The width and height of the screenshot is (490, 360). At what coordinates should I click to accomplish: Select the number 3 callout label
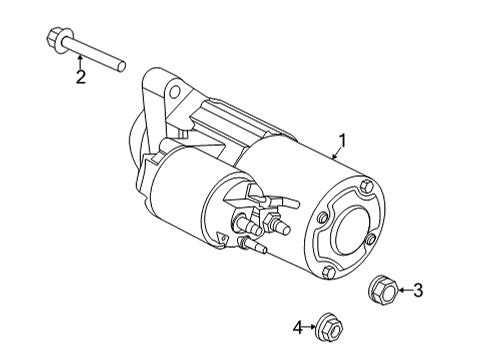pyautogui.click(x=418, y=291)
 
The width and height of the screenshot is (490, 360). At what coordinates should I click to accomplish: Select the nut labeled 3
pyautogui.click(x=382, y=290)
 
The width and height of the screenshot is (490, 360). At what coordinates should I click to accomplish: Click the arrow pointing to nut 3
pyautogui.click(x=403, y=291)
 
